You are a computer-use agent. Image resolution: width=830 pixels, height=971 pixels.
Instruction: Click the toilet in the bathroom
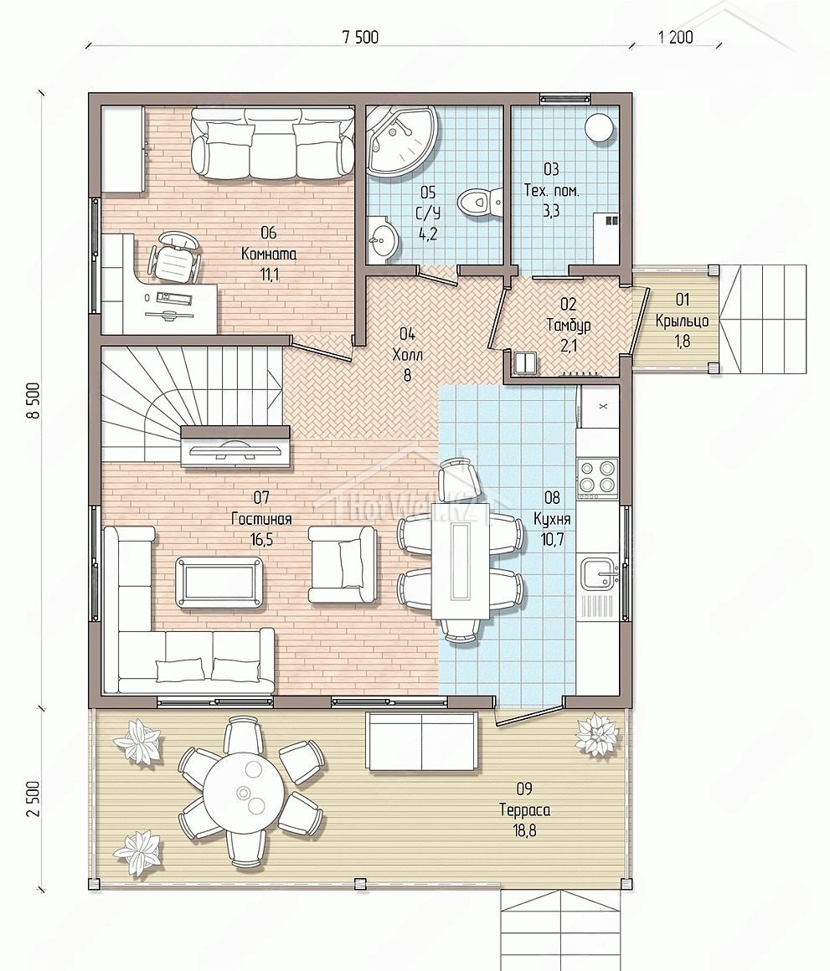pos(479,201)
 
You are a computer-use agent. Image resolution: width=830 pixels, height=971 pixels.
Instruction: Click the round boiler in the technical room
pos(599,128)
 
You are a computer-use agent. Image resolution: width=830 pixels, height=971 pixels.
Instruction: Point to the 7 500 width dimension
pos(360,37)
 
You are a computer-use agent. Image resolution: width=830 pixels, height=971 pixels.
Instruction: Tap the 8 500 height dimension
pos(34,400)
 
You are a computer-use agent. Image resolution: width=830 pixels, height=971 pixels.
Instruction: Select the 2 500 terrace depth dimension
pos(34,799)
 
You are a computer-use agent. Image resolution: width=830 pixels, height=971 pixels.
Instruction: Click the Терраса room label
pos(524,809)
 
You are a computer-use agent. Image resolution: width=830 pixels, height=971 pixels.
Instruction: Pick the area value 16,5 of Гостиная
pos(261,540)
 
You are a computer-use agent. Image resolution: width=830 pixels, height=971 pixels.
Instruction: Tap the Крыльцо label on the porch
pos(682,321)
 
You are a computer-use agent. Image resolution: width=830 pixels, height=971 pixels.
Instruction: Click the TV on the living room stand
pos(235,447)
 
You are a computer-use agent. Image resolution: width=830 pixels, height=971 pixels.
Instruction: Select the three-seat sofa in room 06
pos(271,144)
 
